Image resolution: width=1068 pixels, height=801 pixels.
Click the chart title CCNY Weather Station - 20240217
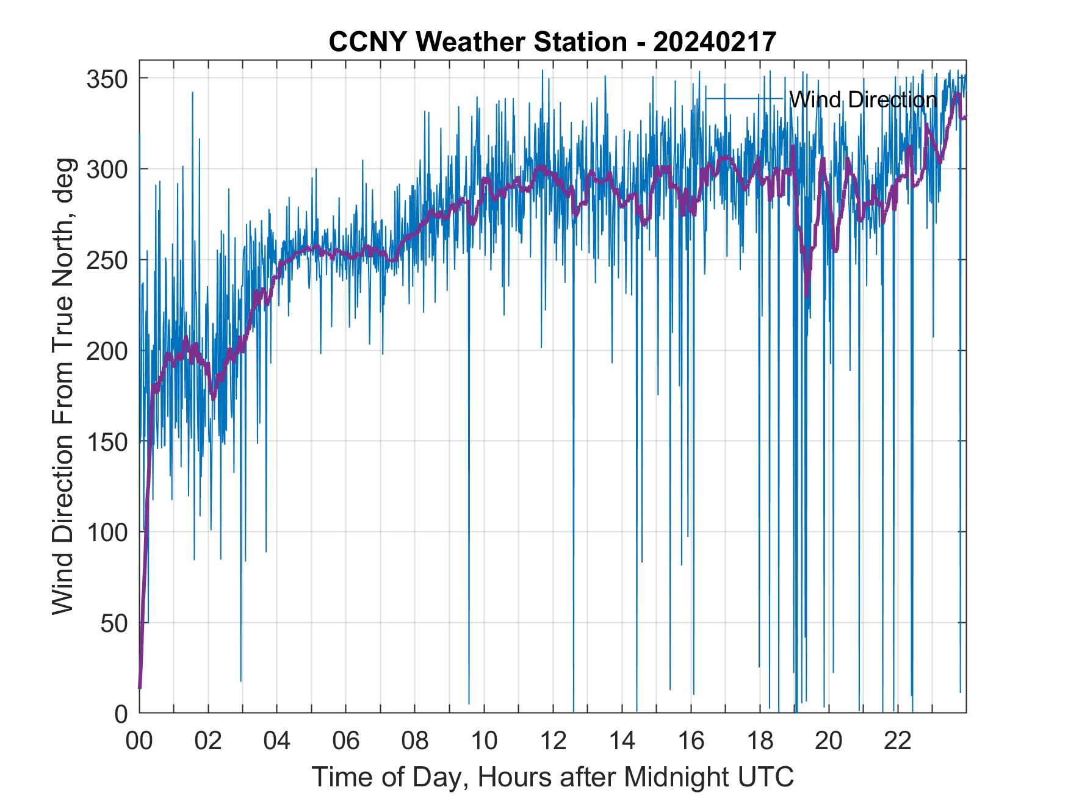point(552,42)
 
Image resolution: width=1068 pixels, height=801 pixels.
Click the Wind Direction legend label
point(862,99)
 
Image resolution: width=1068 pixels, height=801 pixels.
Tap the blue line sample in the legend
point(744,98)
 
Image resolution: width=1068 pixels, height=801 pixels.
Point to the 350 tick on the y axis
point(107,79)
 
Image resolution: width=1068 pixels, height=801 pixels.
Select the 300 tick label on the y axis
point(107,170)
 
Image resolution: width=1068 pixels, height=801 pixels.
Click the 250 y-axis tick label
point(107,260)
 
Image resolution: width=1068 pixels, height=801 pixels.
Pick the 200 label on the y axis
point(107,351)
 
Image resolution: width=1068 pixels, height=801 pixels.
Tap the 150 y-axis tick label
point(107,442)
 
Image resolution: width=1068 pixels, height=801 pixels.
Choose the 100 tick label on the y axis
point(107,533)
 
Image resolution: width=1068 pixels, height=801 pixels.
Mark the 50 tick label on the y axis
point(114,623)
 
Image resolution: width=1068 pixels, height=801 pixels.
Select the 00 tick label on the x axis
point(139,741)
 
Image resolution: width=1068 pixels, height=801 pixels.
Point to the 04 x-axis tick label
point(277,741)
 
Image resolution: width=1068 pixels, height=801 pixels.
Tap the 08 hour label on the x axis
point(415,741)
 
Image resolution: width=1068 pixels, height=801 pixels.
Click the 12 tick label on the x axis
point(553,741)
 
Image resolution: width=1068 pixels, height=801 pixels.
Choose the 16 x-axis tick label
point(691,741)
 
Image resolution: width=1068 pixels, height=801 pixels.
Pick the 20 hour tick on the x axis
point(829,741)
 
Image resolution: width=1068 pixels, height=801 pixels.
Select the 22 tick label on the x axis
point(898,741)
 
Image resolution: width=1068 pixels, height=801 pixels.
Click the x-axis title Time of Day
point(552,777)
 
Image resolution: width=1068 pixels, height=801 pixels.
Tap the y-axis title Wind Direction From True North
point(63,386)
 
